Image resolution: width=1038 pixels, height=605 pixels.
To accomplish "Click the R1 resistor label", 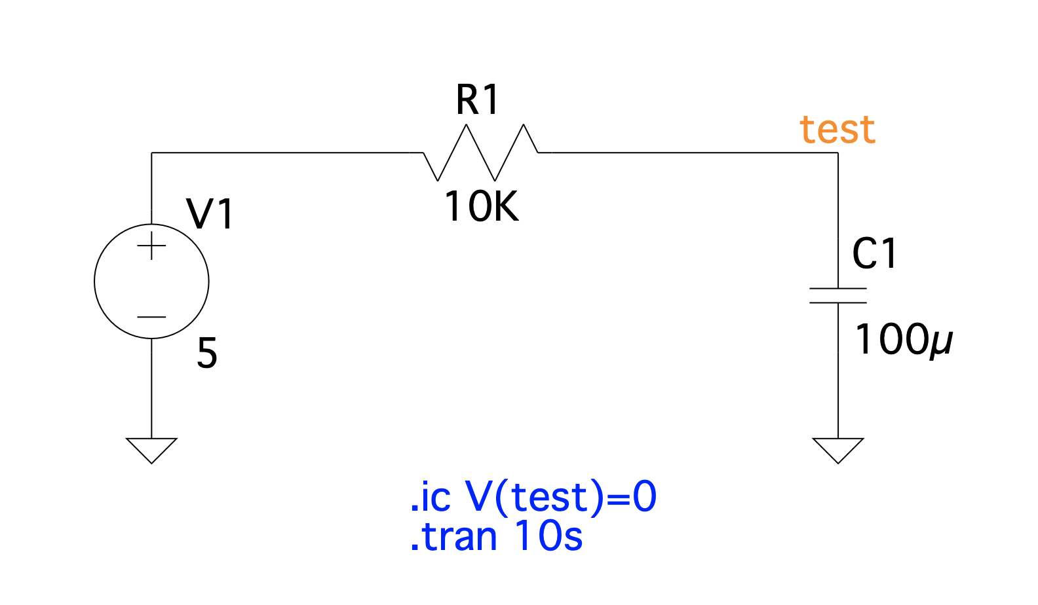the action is [477, 100].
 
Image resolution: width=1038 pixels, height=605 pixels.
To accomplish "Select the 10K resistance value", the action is [481, 206].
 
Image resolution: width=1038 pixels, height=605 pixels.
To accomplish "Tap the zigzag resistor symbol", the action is [480, 153].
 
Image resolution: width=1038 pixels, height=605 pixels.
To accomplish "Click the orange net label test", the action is [837, 129].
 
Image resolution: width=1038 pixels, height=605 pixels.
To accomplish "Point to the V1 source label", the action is [210, 214].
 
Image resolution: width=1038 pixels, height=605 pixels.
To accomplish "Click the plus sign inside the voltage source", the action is [151, 246].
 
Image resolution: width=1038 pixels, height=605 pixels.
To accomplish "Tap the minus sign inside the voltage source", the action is [151, 317].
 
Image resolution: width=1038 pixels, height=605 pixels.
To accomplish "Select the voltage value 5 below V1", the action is [207, 353].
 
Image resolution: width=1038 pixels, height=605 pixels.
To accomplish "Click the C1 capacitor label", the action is [874, 253].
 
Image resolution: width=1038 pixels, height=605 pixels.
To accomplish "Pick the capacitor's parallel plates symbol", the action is [838, 296].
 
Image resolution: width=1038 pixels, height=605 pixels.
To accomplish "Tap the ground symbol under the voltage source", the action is [151, 450].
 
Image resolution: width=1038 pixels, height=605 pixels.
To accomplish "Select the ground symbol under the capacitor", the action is [838, 450].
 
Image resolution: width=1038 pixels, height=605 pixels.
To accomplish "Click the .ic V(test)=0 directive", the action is [533, 497].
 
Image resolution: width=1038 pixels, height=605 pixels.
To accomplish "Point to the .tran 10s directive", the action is [496, 536].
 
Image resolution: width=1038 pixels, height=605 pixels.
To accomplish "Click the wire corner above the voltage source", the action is [151, 153].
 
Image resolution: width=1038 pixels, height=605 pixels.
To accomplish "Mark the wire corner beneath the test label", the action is [838, 153].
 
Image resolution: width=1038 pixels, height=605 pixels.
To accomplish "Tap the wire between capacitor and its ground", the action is [838, 371].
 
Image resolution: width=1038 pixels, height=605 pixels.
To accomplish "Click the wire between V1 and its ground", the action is [151, 388].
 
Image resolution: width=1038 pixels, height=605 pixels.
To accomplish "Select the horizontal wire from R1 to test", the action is [695, 153].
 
